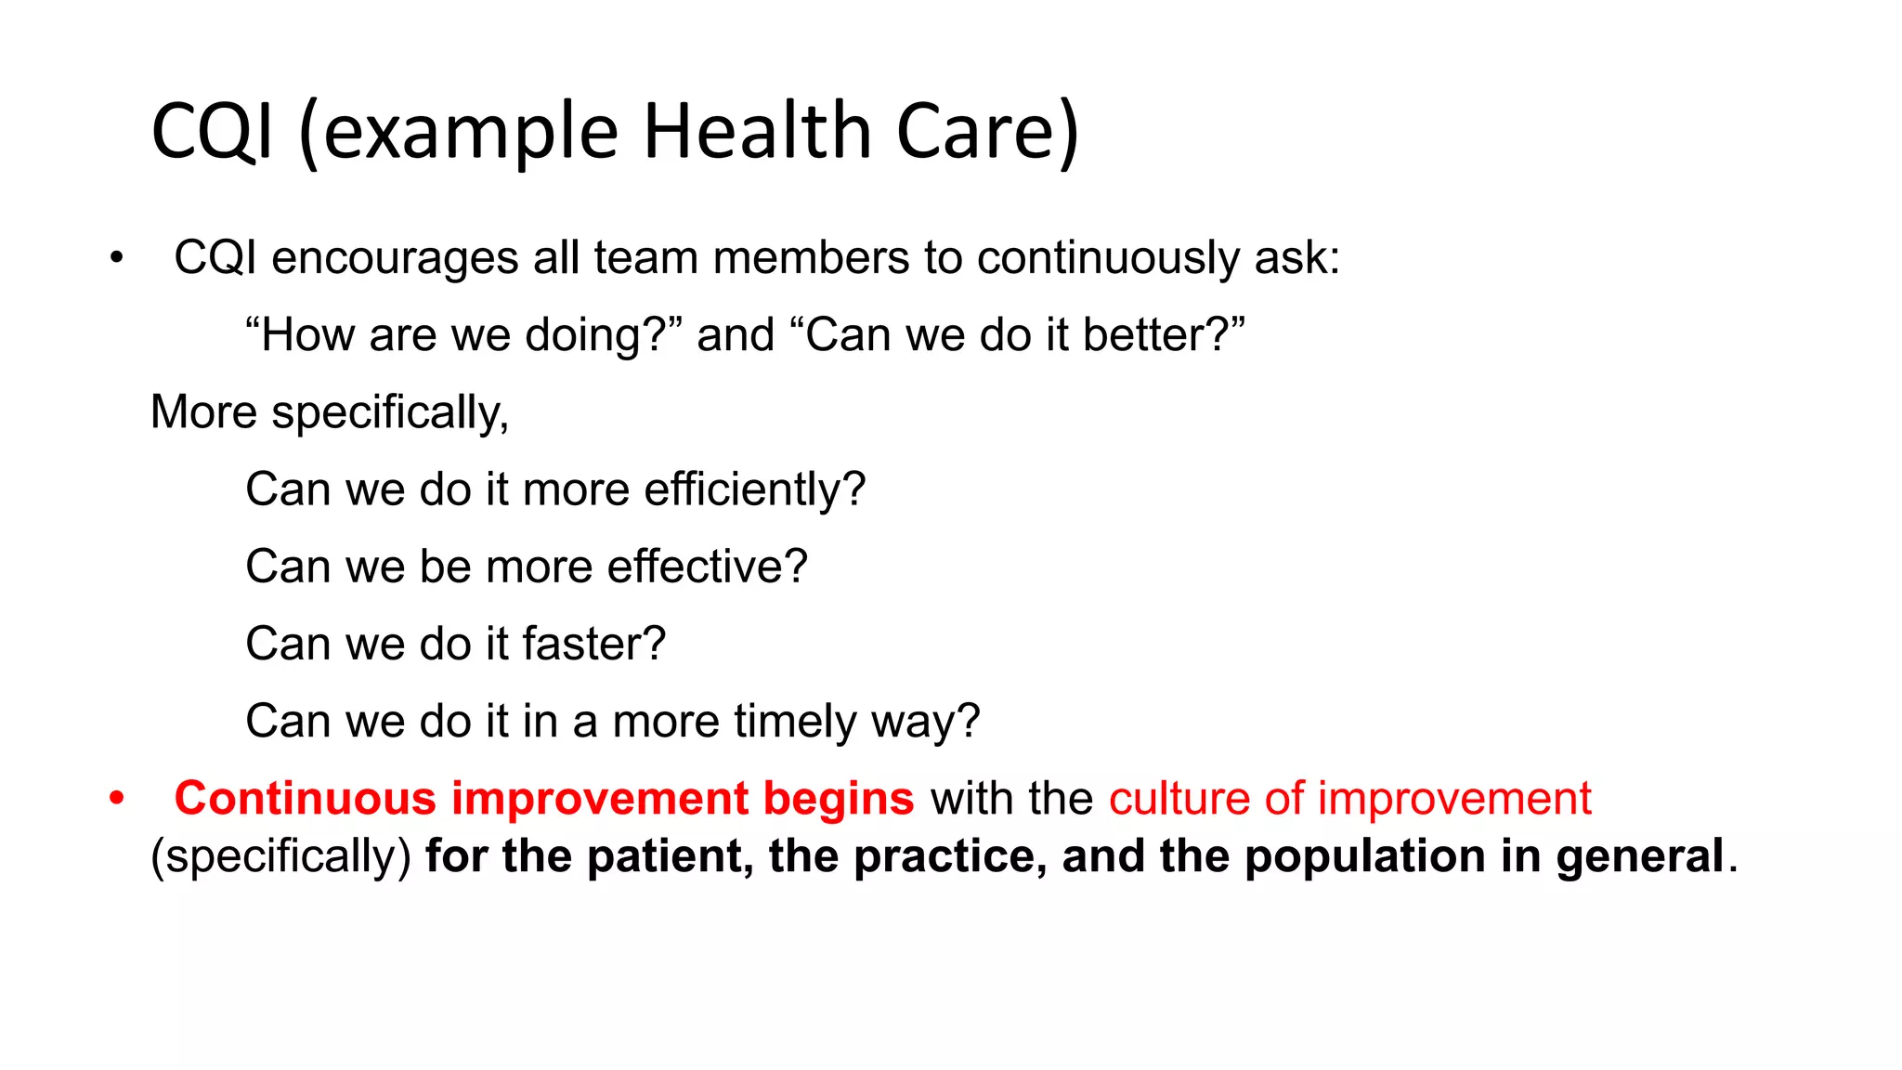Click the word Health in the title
tap(757, 131)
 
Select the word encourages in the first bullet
tap(395, 258)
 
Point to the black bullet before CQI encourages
tap(116, 258)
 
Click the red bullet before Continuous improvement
tap(116, 799)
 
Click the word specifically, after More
tap(390, 413)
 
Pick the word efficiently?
tap(754, 489)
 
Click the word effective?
tap(707, 567)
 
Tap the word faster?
tap(594, 644)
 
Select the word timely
tap(795, 722)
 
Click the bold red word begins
tap(839, 799)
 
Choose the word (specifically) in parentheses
tap(280, 856)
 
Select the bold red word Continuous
tap(306, 799)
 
